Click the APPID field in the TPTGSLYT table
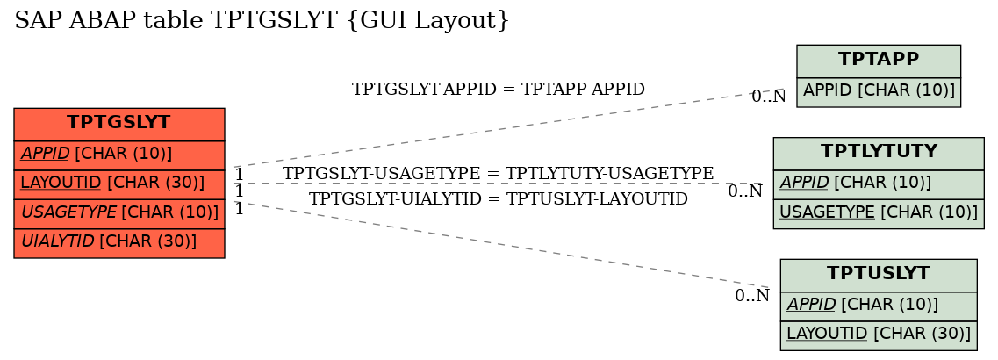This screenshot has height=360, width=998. pos(119,155)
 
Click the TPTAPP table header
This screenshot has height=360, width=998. pos(879,60)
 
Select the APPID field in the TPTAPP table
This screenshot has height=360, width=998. pos(879,91)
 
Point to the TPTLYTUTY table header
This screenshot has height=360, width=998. pos(879,153)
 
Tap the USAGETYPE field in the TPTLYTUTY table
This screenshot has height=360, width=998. pos(879,213)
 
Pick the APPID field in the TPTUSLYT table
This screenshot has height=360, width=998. pos(879,306)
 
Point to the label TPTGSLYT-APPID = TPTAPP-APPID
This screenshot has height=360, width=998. pos(499,90)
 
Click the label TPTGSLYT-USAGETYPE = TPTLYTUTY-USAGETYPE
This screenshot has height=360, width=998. pos(499,173)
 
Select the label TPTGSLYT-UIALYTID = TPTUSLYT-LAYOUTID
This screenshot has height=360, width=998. pos(499,199)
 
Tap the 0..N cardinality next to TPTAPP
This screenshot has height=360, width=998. pos(769,97)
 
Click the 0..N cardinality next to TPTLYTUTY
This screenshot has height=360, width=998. pos(745,191)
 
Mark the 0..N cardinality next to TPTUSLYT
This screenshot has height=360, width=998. pos(752,296)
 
